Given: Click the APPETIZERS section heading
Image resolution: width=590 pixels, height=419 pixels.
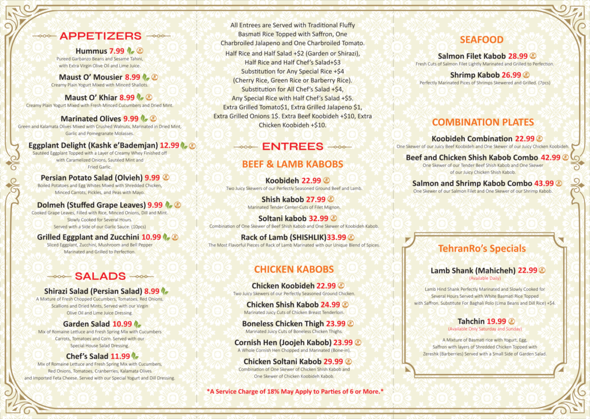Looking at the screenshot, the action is click(x=100, y=36).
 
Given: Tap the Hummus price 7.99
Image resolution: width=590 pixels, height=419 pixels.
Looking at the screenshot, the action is click(x=117, y=51).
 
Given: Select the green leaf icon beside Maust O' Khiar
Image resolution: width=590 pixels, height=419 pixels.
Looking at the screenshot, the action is click(x=139, y=98).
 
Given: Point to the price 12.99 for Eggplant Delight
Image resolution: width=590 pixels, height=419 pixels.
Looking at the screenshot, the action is click(x=169, y=145).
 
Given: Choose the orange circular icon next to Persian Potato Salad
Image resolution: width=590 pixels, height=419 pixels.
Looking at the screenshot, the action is click(x=166, y=178).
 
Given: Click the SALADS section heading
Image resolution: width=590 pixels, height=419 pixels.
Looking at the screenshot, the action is click(x=100, y=276).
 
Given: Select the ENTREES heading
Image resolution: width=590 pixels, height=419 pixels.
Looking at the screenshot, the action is click(x=293, y=147).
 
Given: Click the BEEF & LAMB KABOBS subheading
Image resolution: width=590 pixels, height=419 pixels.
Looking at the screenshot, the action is click(x=293, y=164).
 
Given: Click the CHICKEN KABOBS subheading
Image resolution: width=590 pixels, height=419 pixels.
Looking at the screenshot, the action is click(x=294, y=270).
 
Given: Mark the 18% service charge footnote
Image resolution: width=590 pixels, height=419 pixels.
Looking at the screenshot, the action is click(x=295, y=392).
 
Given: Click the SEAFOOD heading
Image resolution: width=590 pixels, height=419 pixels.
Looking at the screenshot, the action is click(x=482, y=40).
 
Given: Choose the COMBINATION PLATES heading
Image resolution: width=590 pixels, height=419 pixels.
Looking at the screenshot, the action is click(x=483, y=122).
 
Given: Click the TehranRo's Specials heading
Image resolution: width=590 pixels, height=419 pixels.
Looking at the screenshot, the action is click(x=482, y=249).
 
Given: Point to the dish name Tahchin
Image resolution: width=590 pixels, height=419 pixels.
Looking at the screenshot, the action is click(x=471, y=321).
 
